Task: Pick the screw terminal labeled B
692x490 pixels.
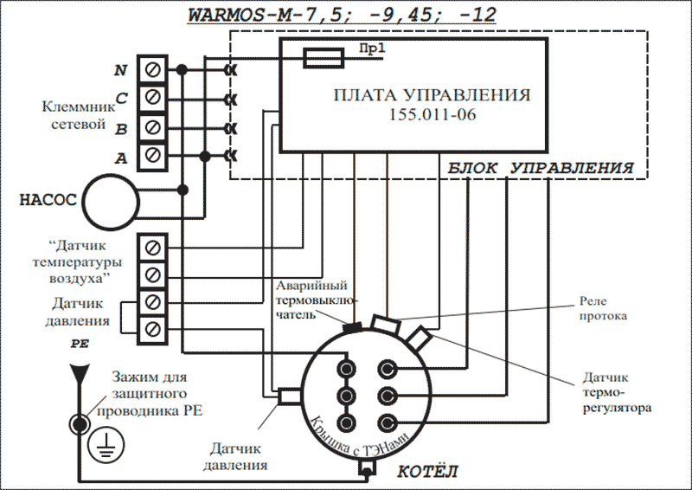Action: click(x=153, y=126)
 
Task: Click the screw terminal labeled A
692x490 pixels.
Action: click(x=153, y=156)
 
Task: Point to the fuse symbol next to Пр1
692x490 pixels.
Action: click(x=327, y=57)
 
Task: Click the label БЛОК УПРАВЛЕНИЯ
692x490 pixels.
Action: click(x=541, y=167)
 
